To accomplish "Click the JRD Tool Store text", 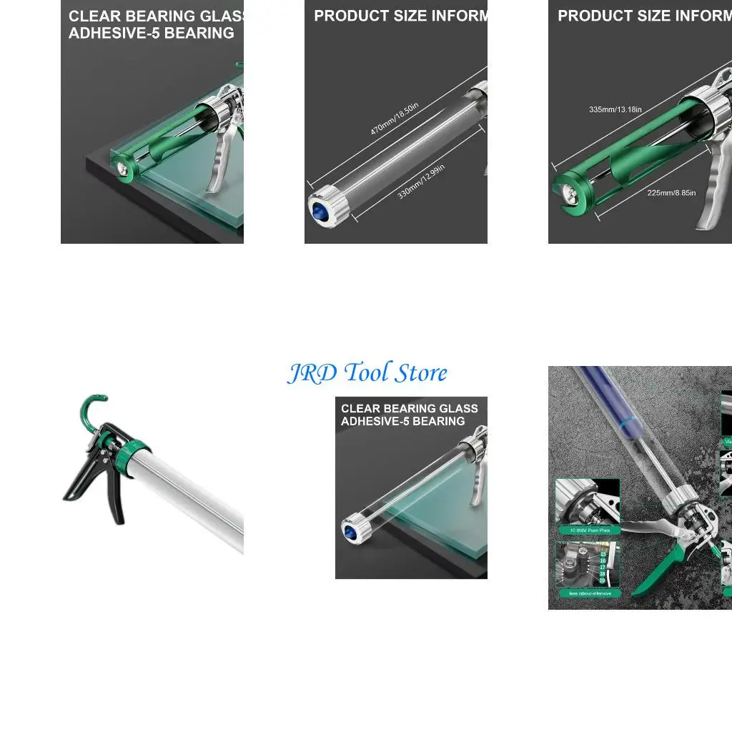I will pyautogui.click(x=367, y=373).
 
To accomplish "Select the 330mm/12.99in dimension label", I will pyautogui.click(x=421, y=182).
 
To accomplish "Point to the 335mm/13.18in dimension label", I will pyautogui.click(x=615, y=109).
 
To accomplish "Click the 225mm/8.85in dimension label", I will pyautogui.click(x=671, y=193).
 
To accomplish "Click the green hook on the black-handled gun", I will pyautogui.click(x=91, y=407).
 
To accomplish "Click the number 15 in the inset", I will pyautogui.click(x=603, y=554).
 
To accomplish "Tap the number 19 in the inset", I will pyautogui.click(x=603, y=580).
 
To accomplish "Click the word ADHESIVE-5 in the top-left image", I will pyautogui.click(x=114, y=33).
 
